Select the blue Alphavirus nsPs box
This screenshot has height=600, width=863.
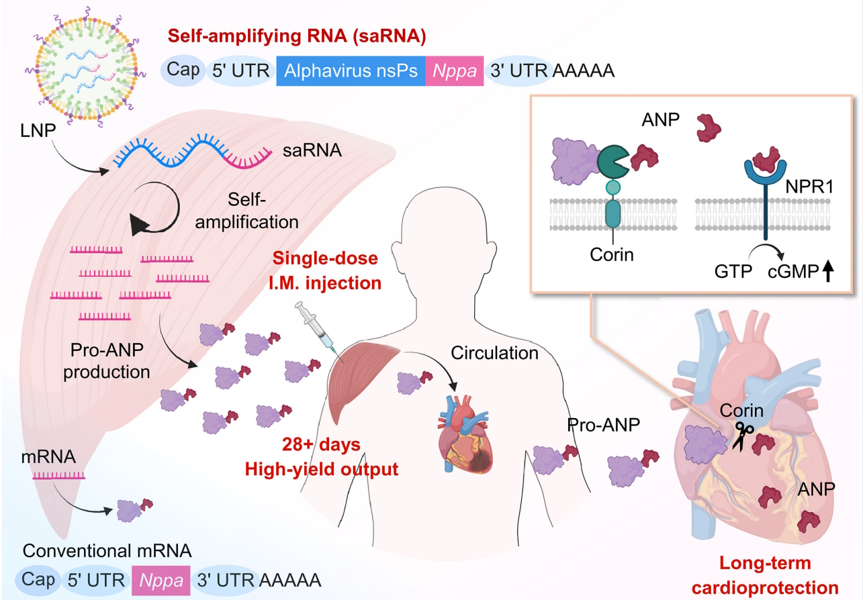[351, 70]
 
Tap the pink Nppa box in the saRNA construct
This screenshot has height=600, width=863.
[454, 70]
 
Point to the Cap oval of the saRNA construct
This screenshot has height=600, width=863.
[183, 69]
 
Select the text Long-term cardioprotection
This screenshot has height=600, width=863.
[778, 574]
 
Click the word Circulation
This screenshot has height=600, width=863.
[495, 352]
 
